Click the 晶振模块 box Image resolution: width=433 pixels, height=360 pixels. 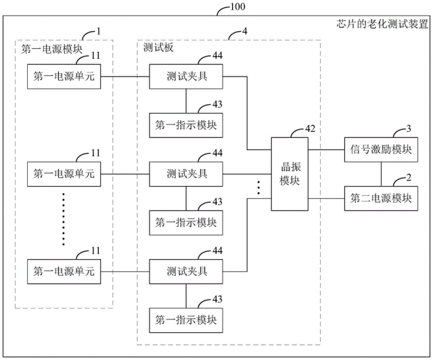[289, 174]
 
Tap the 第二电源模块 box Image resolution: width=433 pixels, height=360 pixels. [381, 198]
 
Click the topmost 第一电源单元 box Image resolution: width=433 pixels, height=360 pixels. [63, 77]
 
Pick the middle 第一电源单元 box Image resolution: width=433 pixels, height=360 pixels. [63, 174]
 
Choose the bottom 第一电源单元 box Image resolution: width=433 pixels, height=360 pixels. [63, 271]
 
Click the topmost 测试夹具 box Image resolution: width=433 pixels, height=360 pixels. [187, 77]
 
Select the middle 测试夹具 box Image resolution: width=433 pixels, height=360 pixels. [187, 174]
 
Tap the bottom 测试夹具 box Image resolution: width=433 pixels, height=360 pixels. [187, 271]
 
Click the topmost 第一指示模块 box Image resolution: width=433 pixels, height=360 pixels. [186, 125]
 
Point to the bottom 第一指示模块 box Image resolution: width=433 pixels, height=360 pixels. [186, 319]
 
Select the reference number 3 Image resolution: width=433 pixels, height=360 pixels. [409, 128]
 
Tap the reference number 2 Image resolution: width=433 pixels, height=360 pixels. [409, 178]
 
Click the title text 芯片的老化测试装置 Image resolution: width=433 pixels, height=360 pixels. [382, 24]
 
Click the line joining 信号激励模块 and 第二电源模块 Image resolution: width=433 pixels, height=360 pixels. [381, 173]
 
